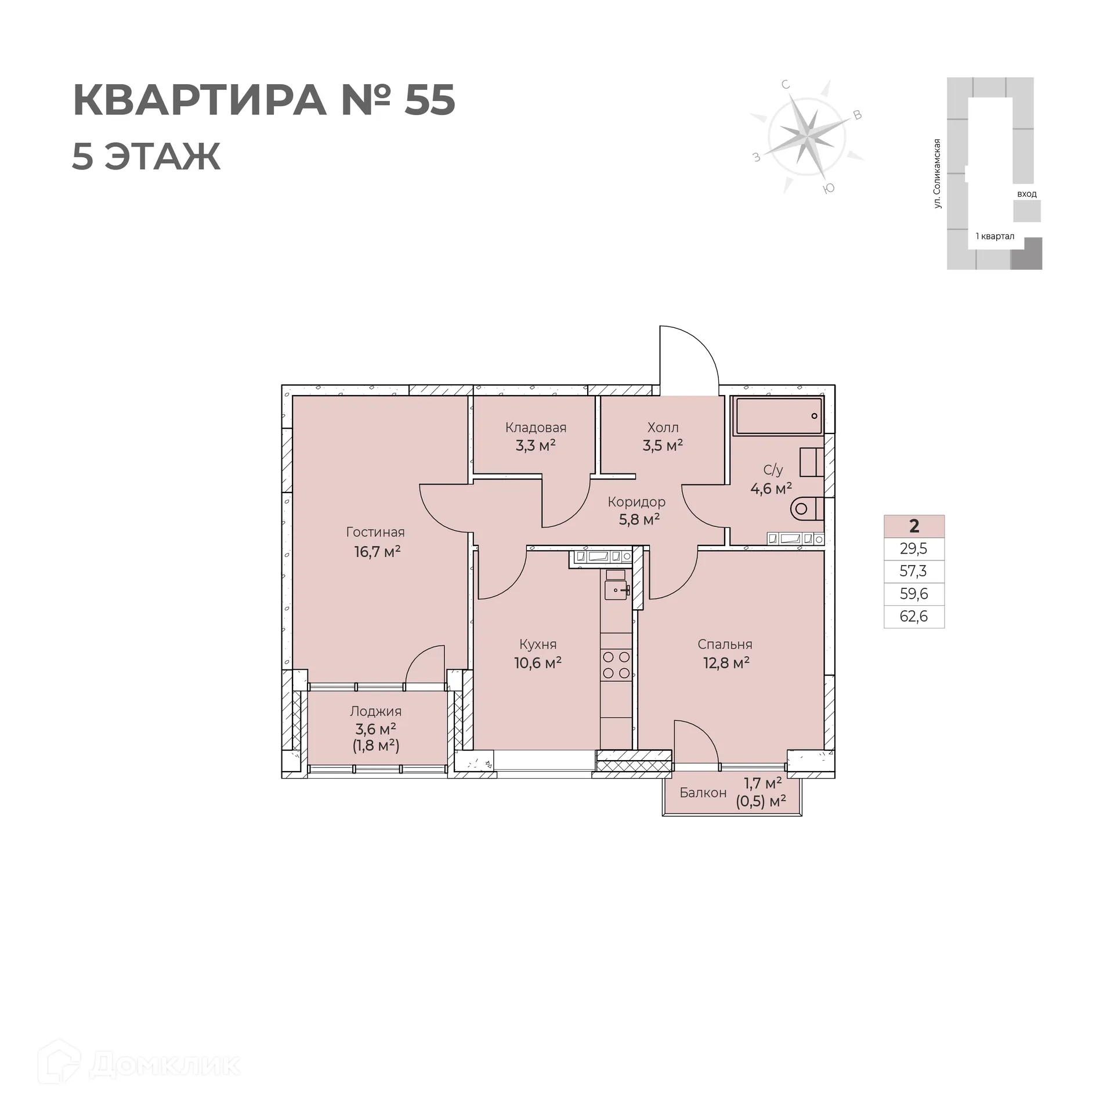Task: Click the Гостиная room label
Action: tap(375, 532)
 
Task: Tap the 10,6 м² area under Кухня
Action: tap(537, 663)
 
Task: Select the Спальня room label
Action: tap(725, 644)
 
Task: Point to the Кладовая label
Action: tap(536, 428)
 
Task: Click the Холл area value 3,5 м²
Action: tap(663, 446)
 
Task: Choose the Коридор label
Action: tap(636, 502)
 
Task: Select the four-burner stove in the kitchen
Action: tap(616, 665)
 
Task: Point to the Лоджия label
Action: tap(375, 711)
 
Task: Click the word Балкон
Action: tap(703, 793)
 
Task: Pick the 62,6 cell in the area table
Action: tap(914, 616)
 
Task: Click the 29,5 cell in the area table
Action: tap(914, 548)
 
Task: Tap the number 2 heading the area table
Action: tap(914, 526)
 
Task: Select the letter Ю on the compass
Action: tap(829, 188)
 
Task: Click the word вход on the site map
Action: tap(1026, 194)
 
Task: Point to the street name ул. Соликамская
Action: tap(937, 173)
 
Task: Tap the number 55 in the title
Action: tap(430, 100)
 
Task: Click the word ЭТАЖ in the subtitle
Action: tap(162, 156)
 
